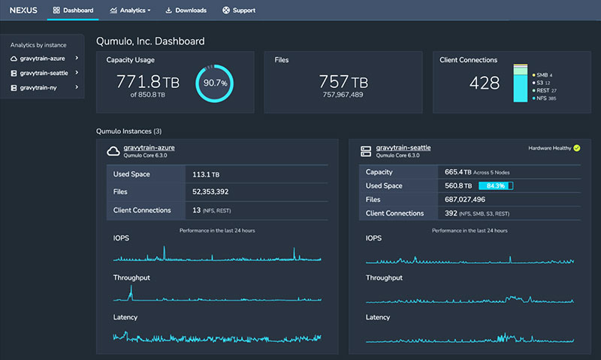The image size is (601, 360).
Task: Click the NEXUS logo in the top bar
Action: coord(24,11)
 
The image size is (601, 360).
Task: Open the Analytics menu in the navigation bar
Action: coord(130,11)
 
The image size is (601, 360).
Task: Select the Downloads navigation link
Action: coord(186,11)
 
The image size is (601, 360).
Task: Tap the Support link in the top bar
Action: coord(239,11)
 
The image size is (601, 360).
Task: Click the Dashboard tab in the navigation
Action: coord(74,11)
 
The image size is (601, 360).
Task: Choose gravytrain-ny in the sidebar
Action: coord(39,88)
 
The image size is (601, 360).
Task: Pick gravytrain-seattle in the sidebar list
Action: coord(44,73)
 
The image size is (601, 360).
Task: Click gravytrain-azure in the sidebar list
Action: coord(42,58)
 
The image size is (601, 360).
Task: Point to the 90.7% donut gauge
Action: coord(215,83)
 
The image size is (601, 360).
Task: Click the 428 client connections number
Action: coord(485,83)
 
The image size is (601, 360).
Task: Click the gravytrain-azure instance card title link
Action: coord(149,147)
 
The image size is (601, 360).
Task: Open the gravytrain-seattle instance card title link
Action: coord(403,147)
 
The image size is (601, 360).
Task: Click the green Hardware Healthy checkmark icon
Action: coord(576,148)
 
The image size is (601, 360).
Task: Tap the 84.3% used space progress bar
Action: coord(495,186)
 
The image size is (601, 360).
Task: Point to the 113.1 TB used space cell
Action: coord(206,174)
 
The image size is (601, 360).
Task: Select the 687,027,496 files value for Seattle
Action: coord(466,199)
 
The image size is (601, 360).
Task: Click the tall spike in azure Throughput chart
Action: coord(131,289)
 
